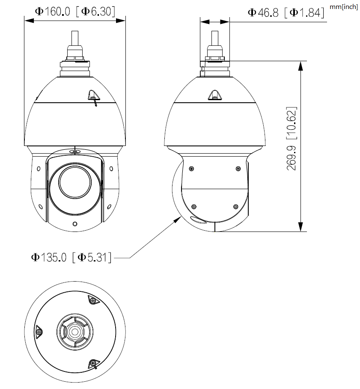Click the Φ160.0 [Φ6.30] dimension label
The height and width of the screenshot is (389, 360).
(75, 12)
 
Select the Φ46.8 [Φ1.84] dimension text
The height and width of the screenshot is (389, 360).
(286, 12)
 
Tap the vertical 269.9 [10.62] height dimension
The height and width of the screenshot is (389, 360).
(292, 139)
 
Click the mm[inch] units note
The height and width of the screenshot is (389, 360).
(344, 7)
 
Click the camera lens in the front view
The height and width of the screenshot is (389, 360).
(75, 180)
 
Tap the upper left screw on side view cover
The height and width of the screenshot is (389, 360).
(191, 168)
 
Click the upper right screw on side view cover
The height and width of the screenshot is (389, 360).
(238, 168)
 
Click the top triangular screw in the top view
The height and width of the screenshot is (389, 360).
(92, 300)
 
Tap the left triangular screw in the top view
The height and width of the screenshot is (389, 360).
(39, 331)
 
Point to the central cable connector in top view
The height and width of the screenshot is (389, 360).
(75, 332)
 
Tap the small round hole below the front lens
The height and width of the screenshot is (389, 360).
(75, 224)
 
